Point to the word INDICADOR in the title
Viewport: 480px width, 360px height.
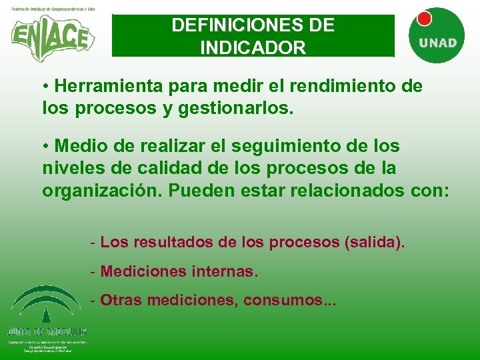tap(253, 48)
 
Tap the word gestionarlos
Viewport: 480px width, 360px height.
tap(235, 107)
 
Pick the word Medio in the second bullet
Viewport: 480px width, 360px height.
tap(78, 146)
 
